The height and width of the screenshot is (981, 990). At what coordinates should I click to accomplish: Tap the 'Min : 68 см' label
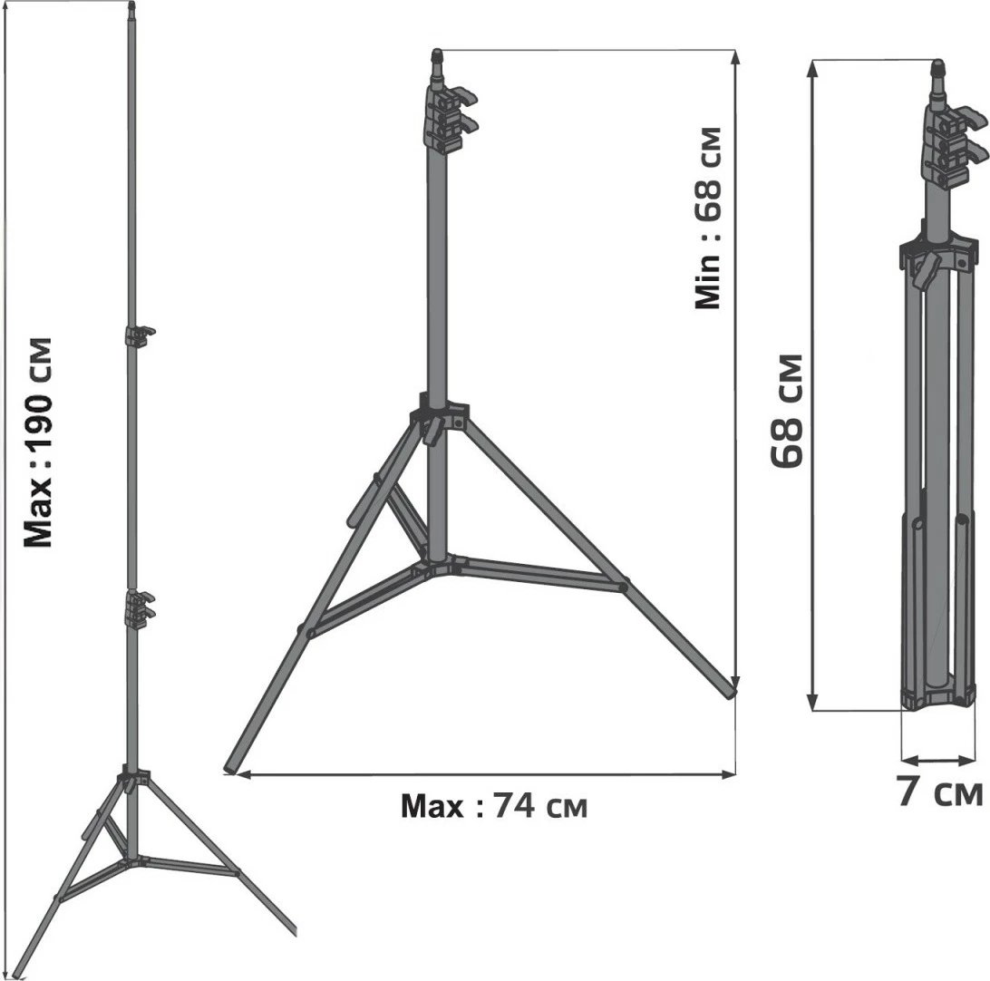[x=708, y=219]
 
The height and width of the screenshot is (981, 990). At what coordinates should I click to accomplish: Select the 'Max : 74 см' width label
[x=494, y=805]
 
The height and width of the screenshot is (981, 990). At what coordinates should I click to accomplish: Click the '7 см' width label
[x=939, y=792]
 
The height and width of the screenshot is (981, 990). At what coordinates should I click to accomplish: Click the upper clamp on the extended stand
[x=139, y=336]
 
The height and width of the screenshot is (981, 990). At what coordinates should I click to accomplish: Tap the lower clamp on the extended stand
[x=139, y=607]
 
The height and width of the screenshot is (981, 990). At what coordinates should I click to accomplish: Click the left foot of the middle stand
[x=231, y=769]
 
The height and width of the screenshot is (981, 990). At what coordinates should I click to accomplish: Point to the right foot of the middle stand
[x=731, y=693]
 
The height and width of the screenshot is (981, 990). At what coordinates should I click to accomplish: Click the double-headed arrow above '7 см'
[x=937, y=760]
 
